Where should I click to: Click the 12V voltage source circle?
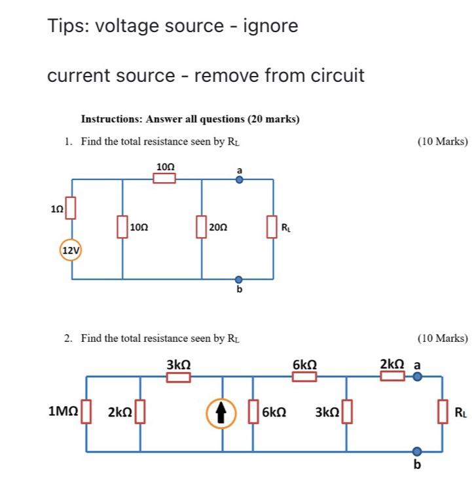71,250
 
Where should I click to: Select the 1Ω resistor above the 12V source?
71,209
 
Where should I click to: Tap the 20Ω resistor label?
218,227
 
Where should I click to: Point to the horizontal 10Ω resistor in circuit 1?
164,178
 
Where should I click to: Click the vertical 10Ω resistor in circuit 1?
122,227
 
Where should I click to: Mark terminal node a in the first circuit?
239,178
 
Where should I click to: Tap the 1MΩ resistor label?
64,412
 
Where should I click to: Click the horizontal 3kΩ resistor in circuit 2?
179,377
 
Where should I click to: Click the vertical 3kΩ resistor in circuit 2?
346,413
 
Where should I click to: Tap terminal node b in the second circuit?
416,451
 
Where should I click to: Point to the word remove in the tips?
227,76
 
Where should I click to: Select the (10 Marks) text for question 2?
442,339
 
